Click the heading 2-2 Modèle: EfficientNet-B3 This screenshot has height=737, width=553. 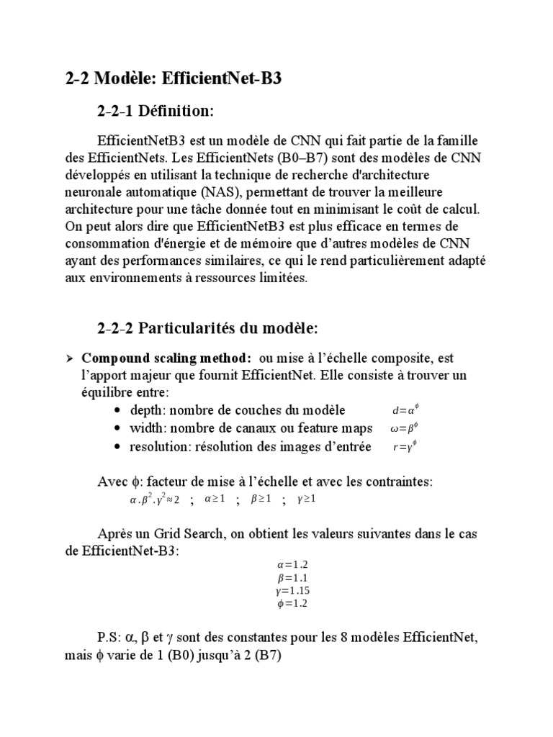click(173, 78)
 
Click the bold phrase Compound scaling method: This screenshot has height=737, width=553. click(166, 358)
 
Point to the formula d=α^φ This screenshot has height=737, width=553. click(405, 410)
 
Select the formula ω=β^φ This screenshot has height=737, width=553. click(404, 428)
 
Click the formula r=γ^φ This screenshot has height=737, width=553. click(405, 446)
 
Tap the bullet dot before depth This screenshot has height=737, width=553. click(117, 411)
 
